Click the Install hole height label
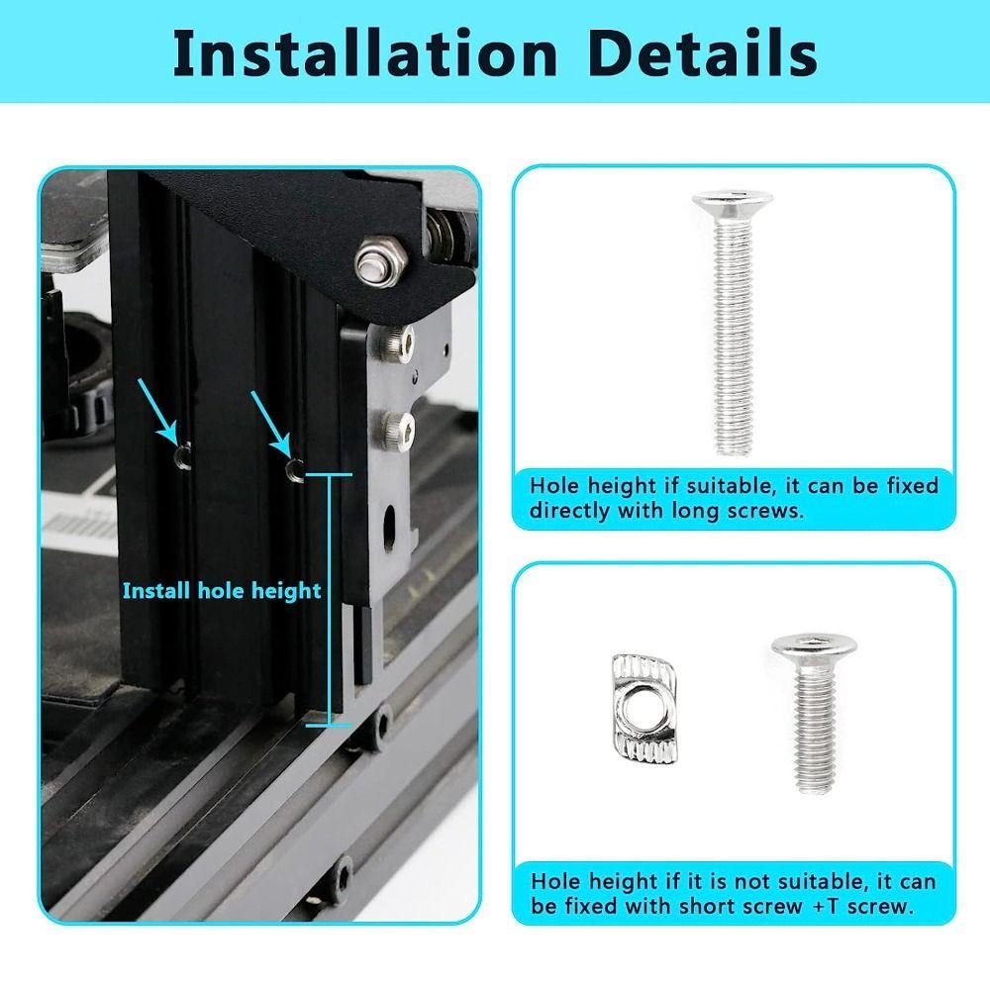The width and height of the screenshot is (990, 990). (222, 591)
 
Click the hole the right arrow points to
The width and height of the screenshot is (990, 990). (293, 468)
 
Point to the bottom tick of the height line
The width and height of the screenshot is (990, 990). (328, 725)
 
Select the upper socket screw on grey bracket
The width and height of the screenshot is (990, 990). (392, 343)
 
